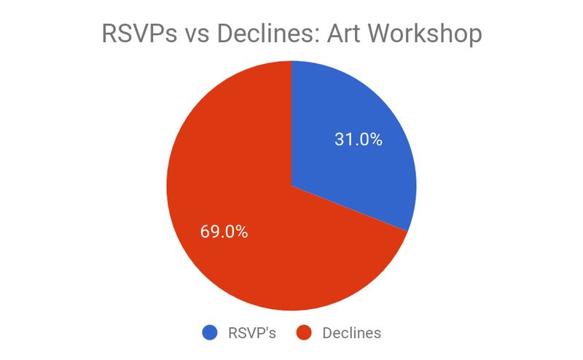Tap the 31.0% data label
pos(358,139)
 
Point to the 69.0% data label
pos(224,232)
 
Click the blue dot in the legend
pos(210,332)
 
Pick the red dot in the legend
pos(304,332)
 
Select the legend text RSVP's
pos(251,333)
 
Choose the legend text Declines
pos(351,333)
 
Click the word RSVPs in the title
pos(139,33)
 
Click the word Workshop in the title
pos(425,33)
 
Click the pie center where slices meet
pos(291,186)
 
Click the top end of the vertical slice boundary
pos(291,61)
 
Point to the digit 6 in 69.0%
pos(205,232)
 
